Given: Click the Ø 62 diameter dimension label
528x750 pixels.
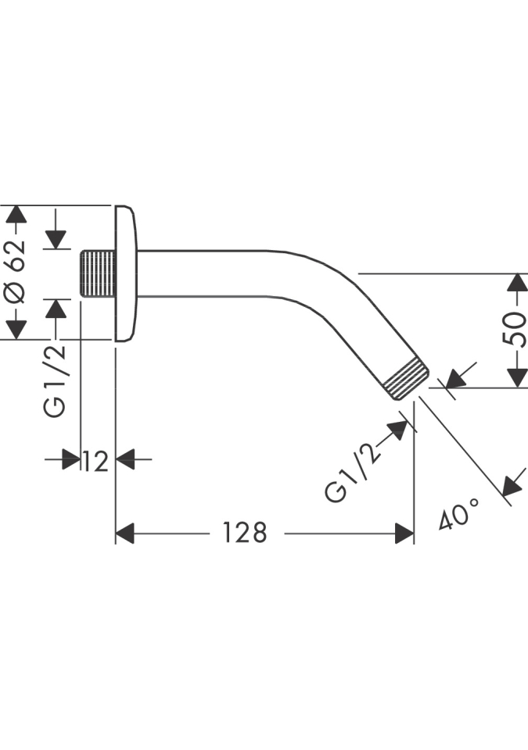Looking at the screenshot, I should coord(16,271).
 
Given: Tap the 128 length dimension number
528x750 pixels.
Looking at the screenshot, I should coord(245,533).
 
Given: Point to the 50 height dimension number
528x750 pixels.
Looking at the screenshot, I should coord(515,330).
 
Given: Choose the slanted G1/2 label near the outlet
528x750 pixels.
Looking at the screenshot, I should coord(354,470).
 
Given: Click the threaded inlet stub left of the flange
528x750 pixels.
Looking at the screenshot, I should coord(97,273).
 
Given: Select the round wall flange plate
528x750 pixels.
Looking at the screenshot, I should coord(125,273).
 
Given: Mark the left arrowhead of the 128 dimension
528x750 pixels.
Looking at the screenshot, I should coord(125,534).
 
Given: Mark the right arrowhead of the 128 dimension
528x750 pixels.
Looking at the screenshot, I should coord(404,534).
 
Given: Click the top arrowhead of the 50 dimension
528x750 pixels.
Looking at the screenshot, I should coord(516,283).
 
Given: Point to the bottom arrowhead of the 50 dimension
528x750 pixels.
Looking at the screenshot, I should coord(516,377).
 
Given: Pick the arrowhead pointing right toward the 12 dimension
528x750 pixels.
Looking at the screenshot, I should coord(72,459).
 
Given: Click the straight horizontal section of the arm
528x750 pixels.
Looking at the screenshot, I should coord(203,273).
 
